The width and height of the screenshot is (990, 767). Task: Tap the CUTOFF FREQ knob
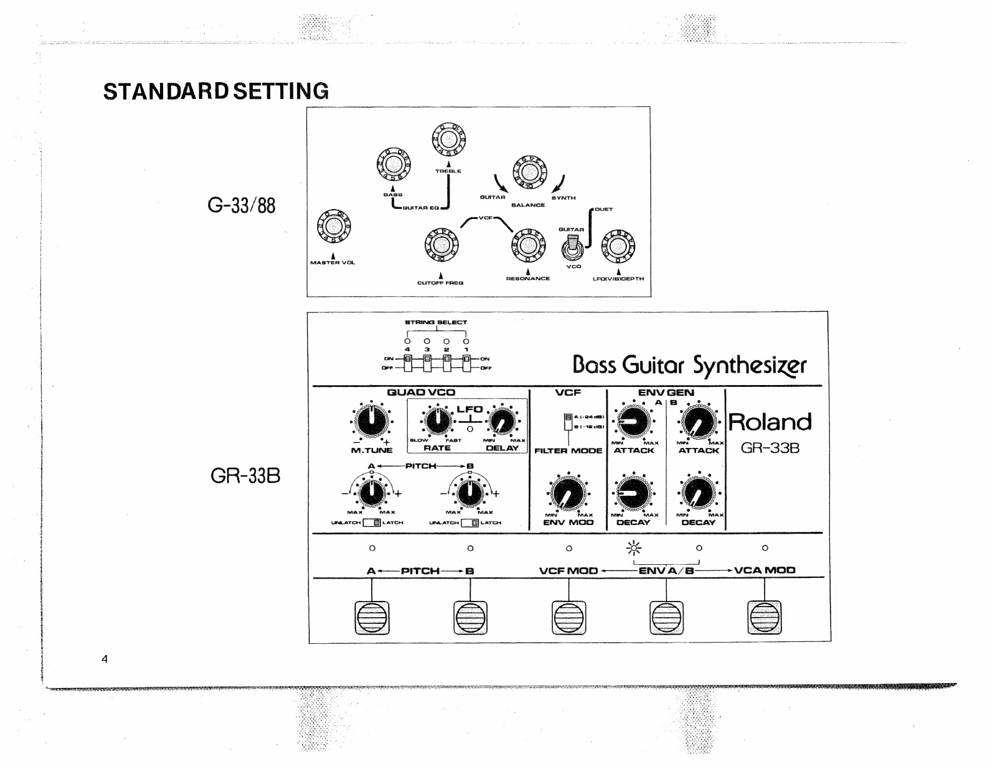(441, 245)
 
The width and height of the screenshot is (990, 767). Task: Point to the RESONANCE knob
(528, 245)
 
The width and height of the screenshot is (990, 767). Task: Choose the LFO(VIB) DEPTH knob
(618, 246)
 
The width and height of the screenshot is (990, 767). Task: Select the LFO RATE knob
(438, 421)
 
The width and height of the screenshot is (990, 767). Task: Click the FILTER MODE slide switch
(568, 422)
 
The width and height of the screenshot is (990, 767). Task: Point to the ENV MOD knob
(568, 493)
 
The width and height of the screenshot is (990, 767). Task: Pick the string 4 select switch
(408, 362)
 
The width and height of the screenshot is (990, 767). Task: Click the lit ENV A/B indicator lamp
(634, 548)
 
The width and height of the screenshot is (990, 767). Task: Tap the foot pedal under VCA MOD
(765, 617)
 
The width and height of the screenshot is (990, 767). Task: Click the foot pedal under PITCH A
(372, 617)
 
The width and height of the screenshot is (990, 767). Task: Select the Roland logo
(770, 422)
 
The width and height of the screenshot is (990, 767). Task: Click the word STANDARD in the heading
(167, 91)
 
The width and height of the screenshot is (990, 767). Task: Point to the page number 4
(105, 659)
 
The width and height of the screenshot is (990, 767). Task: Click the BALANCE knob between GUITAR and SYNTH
(529, 172)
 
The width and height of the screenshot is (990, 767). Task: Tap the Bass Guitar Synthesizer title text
(689, 365)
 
